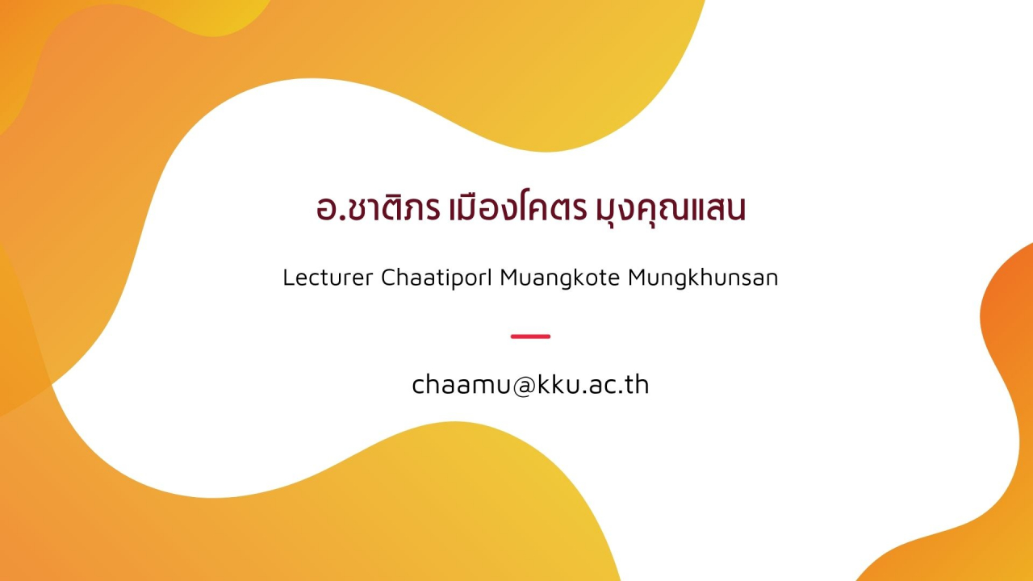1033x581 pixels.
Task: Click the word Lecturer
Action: click(x=328, y=278)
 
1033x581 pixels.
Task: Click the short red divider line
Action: click(x=530, y=336)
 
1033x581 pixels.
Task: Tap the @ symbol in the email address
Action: click(x=525, y=387)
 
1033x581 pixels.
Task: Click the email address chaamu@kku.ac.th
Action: click(x=530, y=385)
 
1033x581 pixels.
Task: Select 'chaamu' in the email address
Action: click(x=461, y=385)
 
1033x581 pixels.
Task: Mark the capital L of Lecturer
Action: click(x=289, y=278)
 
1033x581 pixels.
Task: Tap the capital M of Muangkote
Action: click(x=510, y=278)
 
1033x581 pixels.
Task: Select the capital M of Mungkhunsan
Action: click(x=638, y=278)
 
